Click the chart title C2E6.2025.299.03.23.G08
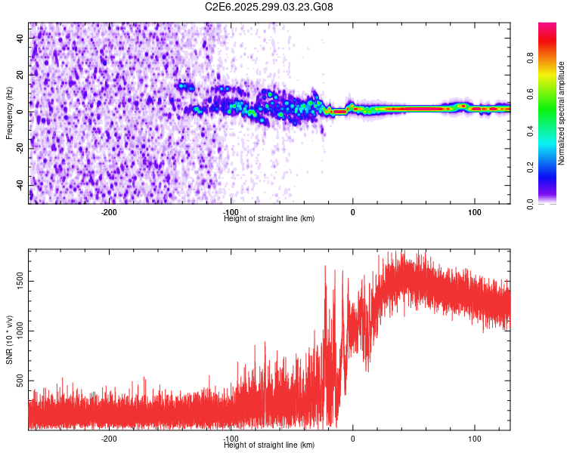[269, 7]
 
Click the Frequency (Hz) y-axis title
[9, 112]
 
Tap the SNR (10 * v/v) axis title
[9, 341]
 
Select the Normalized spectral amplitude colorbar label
[561, 112]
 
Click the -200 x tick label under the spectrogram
[109, 212]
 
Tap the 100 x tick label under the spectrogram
[474, 212]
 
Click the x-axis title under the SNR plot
[269, 445]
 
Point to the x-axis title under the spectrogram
[269, 219]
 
